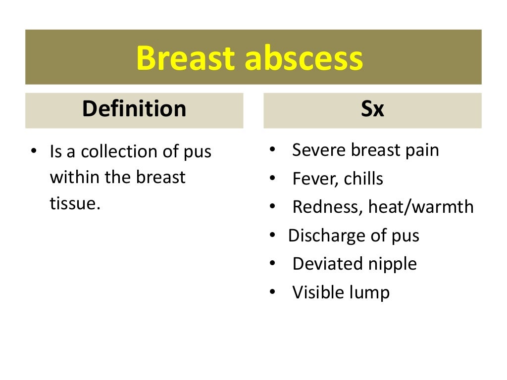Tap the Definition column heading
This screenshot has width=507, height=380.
click(x=134, y=109)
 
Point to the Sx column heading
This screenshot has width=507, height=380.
click(x=372, y=109)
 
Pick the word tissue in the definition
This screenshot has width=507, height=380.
click(x=73, y=203)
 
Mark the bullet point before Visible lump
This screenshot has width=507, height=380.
click(x=273, y=293)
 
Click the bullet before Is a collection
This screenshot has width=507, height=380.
click(x=34, y=151)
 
